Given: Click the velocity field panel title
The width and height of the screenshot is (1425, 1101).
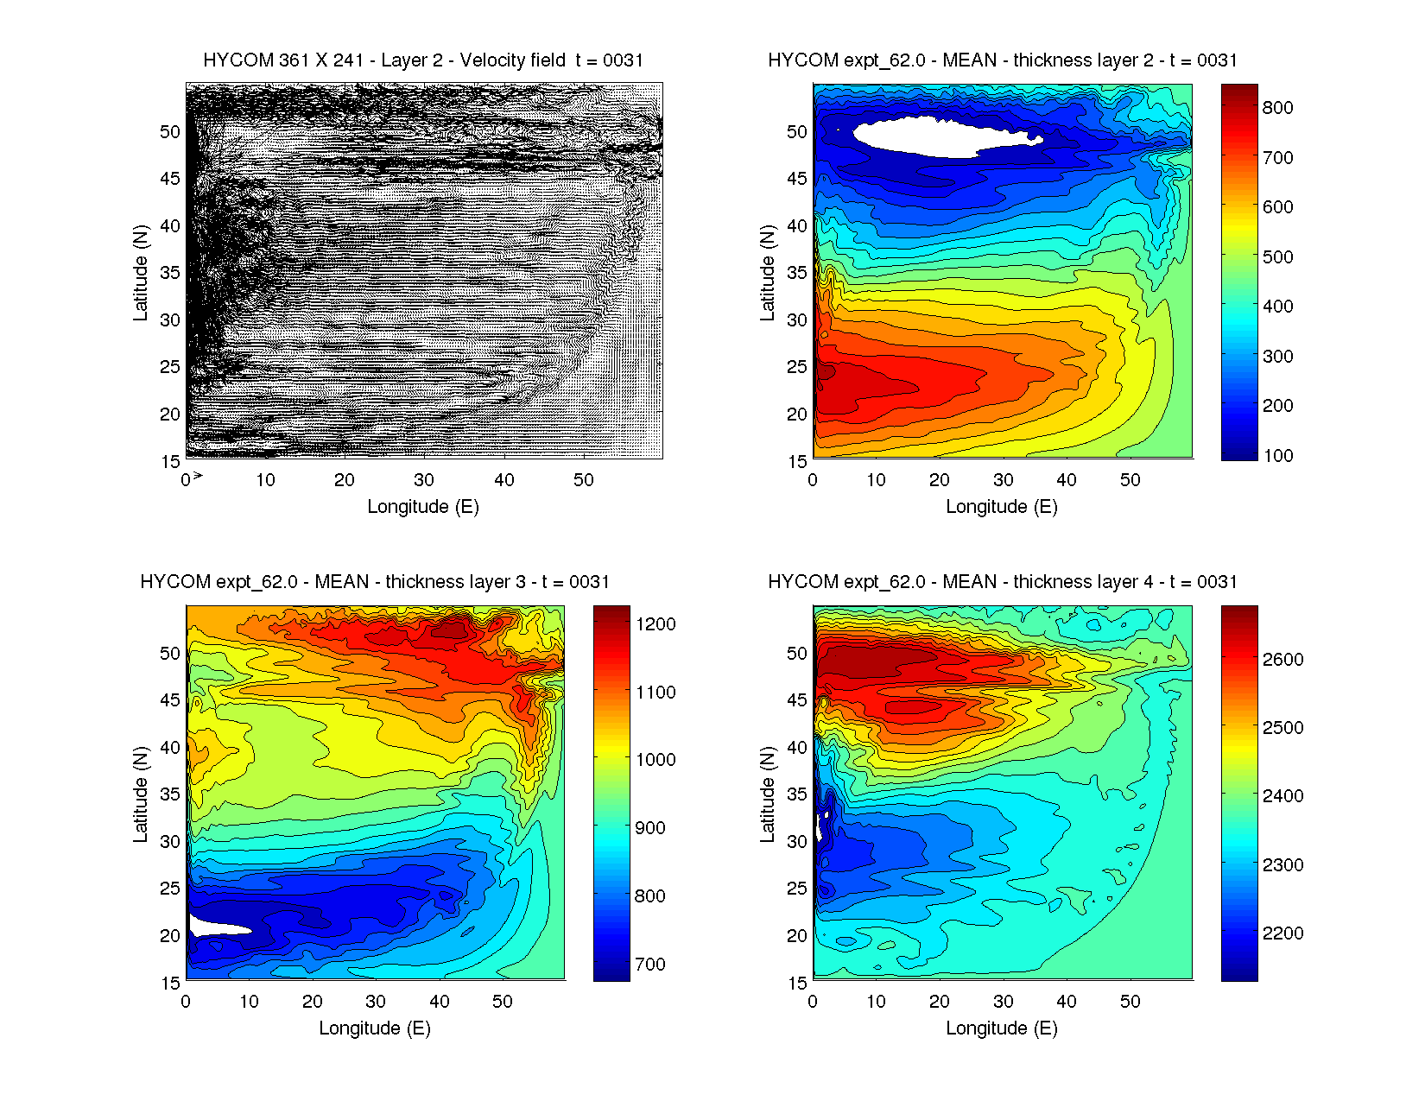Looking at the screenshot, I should (423, 60).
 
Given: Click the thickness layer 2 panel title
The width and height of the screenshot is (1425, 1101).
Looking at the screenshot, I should (1002, 60).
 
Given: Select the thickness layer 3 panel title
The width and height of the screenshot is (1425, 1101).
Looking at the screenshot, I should (375, 582).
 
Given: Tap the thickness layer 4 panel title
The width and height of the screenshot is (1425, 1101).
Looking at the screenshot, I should (1002, 582).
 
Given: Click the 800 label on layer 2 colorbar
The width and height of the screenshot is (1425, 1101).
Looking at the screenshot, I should (1277, 108).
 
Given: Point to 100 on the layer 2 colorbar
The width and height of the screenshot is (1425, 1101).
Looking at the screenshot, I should (1277, 456).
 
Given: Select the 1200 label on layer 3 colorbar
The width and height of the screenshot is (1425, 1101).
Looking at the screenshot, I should (655, 624).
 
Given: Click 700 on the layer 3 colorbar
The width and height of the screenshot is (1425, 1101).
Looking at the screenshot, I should (649, 965).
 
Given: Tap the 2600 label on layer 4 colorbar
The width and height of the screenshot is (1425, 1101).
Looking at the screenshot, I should (1282, 660).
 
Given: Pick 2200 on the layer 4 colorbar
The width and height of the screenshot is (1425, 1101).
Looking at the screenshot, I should (1282, 933).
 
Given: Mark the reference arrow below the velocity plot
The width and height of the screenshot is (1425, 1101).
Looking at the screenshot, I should (198, 476).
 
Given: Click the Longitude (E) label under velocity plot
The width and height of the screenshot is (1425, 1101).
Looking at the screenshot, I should (423, 507).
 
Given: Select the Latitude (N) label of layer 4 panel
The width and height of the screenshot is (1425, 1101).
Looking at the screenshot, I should (767, 794).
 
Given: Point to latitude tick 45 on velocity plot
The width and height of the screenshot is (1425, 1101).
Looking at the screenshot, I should (169, 179).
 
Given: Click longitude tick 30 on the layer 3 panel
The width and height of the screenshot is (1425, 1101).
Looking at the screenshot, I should (376, 1002).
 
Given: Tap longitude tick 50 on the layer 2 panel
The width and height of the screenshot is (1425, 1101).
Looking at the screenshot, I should (1130, 480).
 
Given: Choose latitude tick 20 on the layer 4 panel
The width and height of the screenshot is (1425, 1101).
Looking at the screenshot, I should (796, 936).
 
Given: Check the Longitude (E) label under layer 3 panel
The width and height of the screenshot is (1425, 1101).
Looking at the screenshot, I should (375, 1028).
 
